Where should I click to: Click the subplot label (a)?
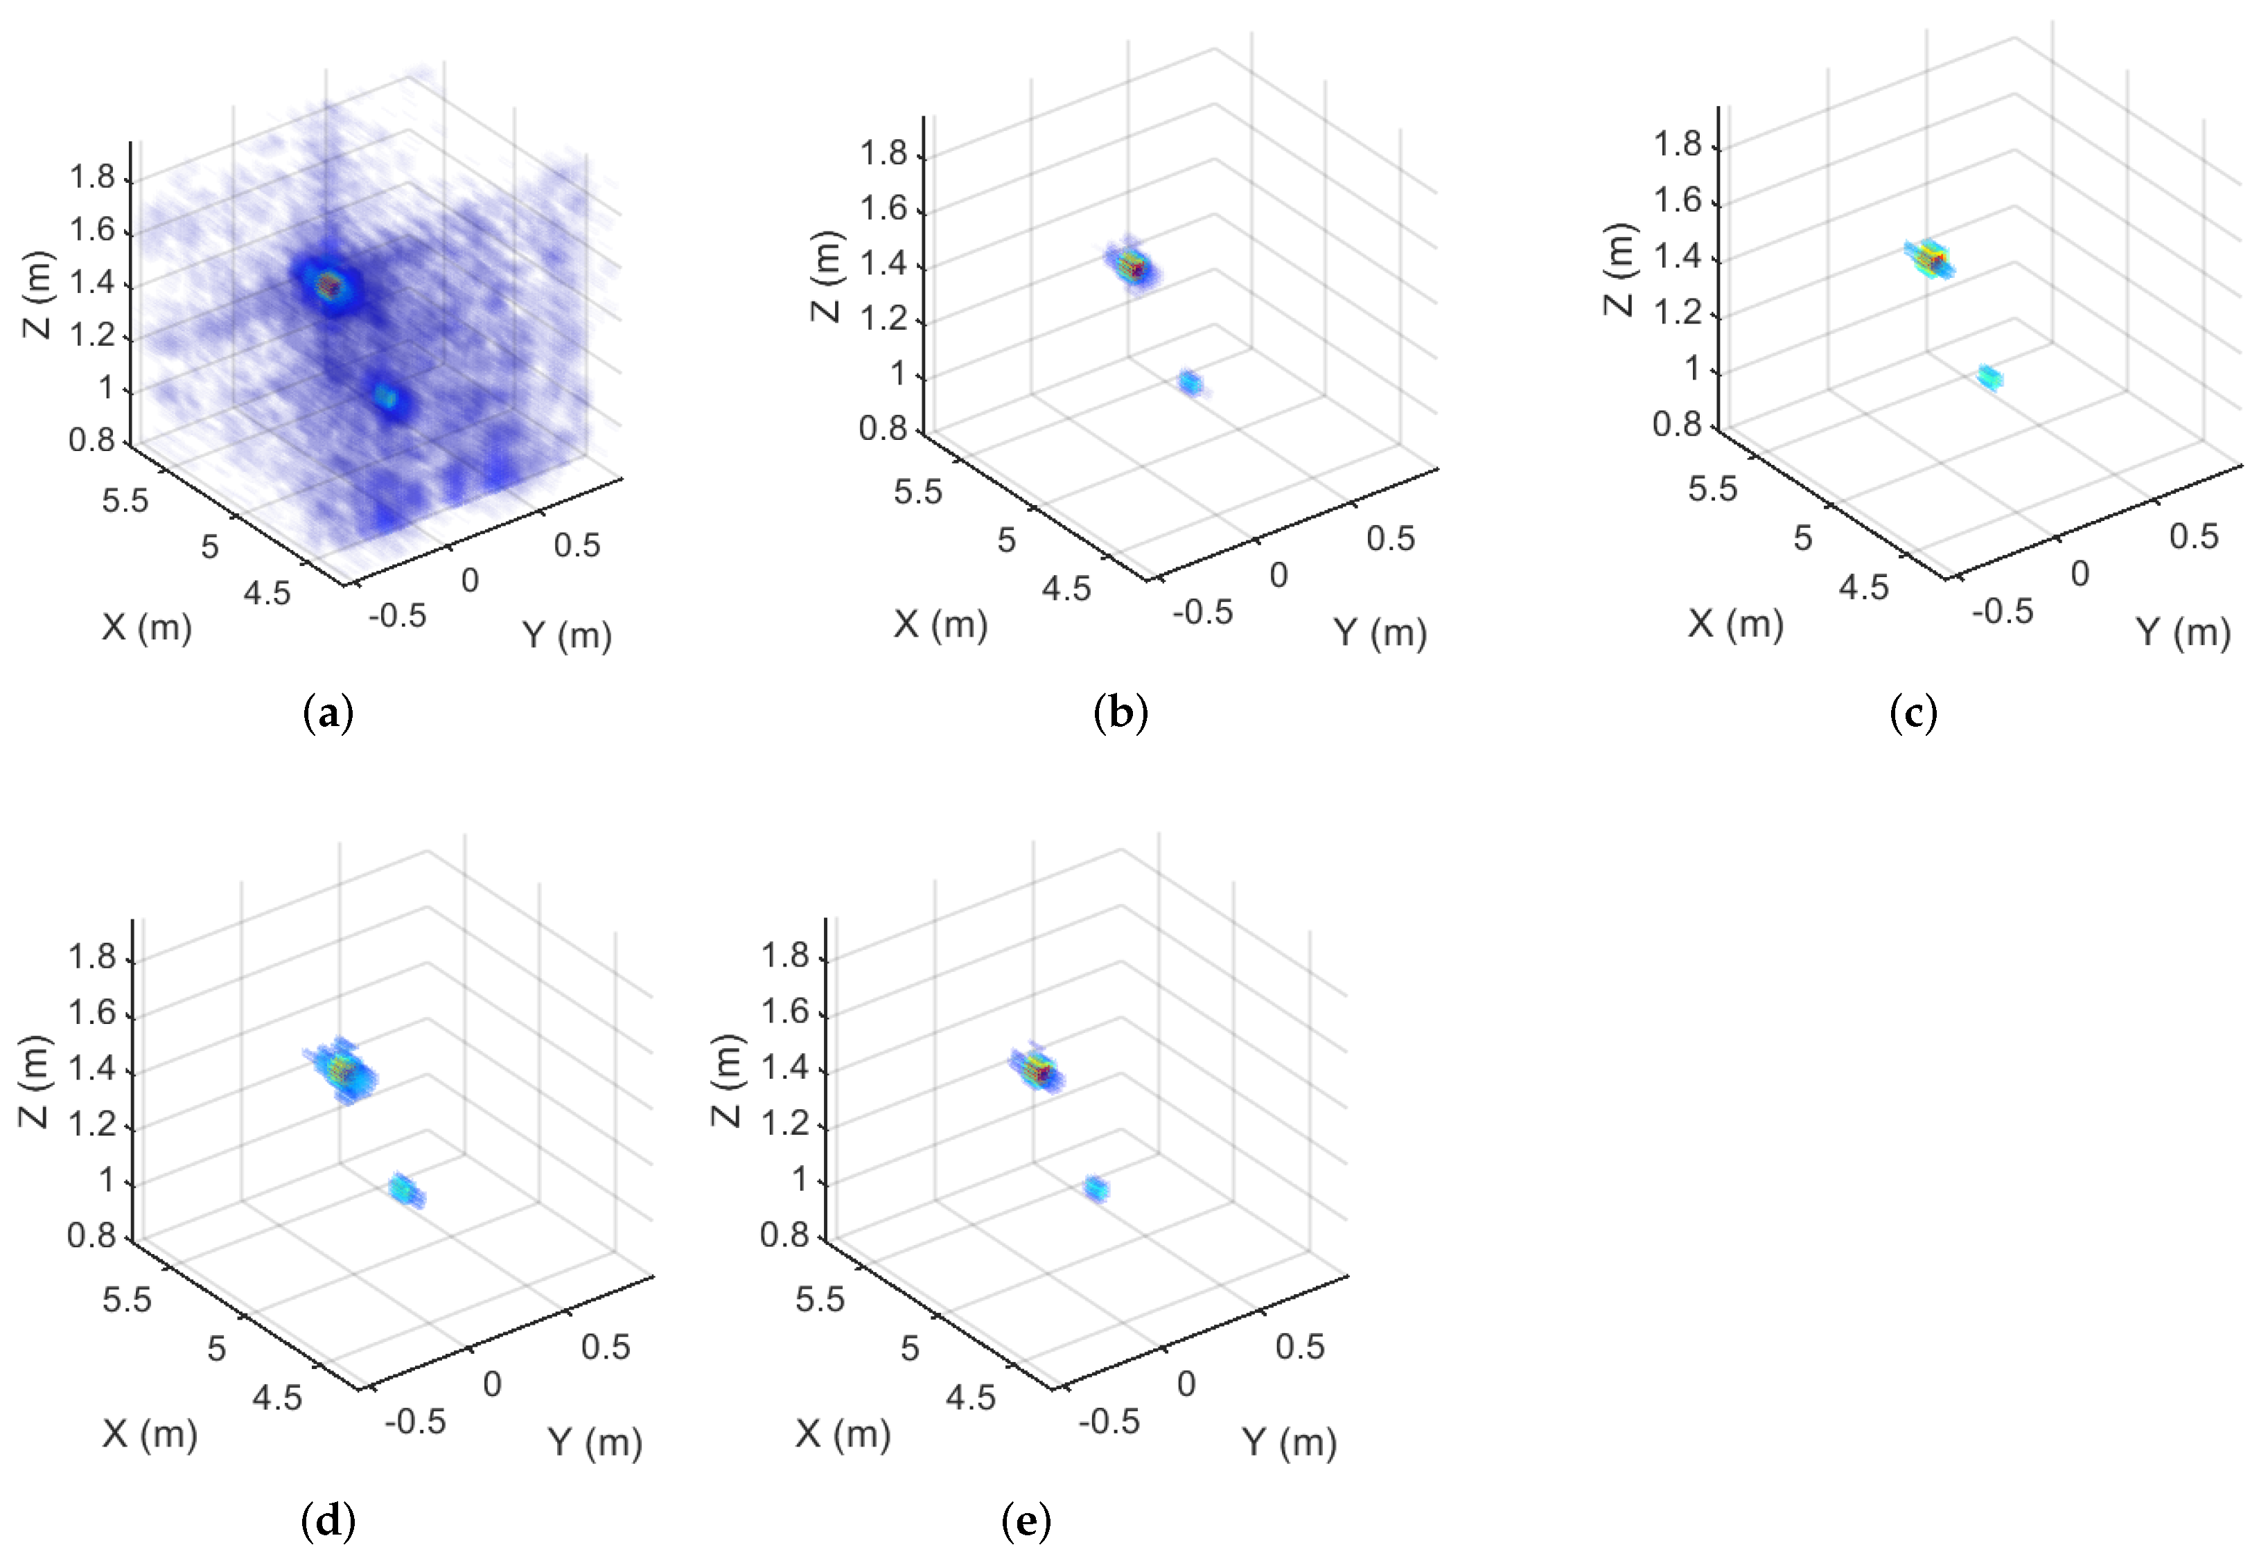(328, 714)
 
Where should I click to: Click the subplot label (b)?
(1120, 714)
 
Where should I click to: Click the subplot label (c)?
(1913, 714)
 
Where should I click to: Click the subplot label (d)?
(328, 1521)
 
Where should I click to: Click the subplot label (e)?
(1026, 1521)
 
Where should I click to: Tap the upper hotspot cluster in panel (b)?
(1133, 265)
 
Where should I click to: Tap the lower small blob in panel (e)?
(1096, 1189)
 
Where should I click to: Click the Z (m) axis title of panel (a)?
(37, 294)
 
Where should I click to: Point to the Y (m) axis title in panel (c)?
(2183, 633)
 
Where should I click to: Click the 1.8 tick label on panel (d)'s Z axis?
(91, 957)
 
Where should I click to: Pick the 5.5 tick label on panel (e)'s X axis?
(820, 1298)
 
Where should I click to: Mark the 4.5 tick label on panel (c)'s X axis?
(1863, 587)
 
